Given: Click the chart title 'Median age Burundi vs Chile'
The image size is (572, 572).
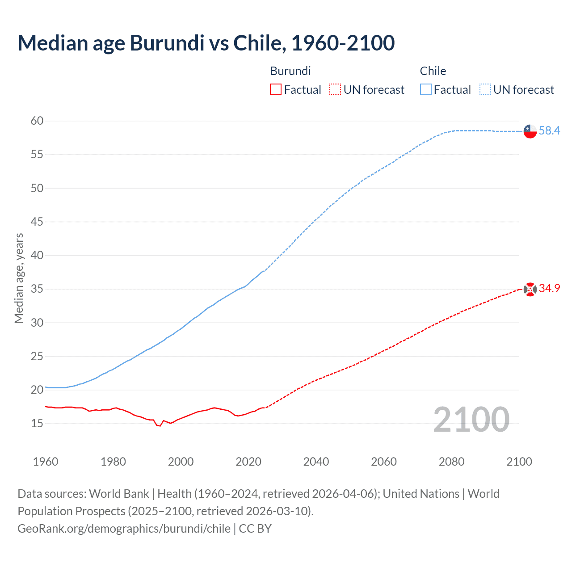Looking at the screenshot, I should (x=206, y=43).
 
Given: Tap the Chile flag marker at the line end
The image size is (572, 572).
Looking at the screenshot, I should (x=530, y=131).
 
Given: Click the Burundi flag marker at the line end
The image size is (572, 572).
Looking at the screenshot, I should (x=530, y=290).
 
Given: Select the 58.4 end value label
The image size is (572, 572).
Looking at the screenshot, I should (x=549, y=130).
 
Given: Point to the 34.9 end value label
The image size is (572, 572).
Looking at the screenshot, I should (x=549, y=288).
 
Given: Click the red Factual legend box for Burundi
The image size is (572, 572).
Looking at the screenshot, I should (x=276, y=90).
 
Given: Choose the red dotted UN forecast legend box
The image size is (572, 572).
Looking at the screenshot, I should (x=335, y=90).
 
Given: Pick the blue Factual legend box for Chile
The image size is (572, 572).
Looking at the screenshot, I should (x=425, y=90).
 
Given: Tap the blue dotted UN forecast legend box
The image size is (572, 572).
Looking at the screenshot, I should (x=485, y=90).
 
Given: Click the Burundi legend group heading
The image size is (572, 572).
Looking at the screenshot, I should (x=290, y=71).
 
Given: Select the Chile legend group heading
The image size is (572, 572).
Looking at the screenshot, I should (x=433, y=71).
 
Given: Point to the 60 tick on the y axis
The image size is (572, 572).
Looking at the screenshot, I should (x=37, y=121).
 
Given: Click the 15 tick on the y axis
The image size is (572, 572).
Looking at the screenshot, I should (x=37, y=423).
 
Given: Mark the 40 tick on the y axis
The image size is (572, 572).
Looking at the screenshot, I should (x=37, y=255).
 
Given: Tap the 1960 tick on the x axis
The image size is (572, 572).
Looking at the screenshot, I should (x=46, y=462).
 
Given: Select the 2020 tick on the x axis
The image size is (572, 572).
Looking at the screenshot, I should (x=248, y=462).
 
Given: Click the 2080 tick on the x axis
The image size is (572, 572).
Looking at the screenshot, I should (x=451, y=462).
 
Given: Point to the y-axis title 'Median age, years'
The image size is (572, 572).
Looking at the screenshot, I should (x=19, y=278).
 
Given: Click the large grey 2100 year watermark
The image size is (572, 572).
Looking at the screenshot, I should (x=471, y=419).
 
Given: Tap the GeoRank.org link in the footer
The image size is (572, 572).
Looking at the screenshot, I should (x=124, y=529).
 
